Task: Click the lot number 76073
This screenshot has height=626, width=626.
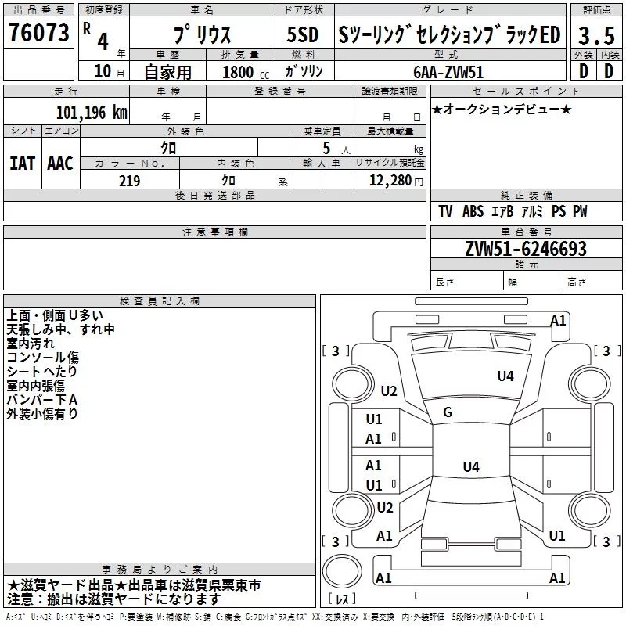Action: [39, 33]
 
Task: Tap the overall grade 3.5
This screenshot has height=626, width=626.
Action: [596, 35]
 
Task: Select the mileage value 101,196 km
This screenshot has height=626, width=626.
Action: [92, 113]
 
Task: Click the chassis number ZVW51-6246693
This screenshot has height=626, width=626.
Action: [526, 249]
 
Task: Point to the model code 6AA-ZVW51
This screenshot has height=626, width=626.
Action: [448, 72]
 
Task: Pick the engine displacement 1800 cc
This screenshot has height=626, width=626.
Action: [246, 73]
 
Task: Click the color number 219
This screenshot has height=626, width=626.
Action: [129, 181]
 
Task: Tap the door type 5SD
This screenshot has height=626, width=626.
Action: [303, 34]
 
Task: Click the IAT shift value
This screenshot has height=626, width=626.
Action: [23, 164]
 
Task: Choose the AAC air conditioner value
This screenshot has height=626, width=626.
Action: [60, 164]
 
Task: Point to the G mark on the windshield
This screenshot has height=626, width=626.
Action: [448, 412]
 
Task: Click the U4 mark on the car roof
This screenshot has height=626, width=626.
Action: [471, 466]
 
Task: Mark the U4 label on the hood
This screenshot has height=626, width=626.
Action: [505, 376]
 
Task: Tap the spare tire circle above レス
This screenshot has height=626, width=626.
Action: [342, 571]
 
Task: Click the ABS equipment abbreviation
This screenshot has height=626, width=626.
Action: [473, 211]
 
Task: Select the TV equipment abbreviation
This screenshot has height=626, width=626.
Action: [445, 211]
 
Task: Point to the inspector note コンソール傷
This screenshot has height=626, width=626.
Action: [43, 358]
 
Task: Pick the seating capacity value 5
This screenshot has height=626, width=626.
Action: [326, 148]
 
